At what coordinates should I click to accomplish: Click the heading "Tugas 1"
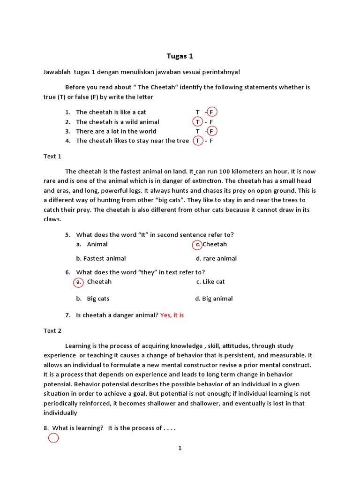pyautogui.click(x=180, y=56)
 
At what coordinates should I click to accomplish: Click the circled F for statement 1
pyautogui.click(x=212, y=112)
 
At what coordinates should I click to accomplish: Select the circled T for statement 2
pyautogui.click(x=198, y=122)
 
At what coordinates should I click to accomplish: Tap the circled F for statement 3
pyautogui.click(x=212, y=131)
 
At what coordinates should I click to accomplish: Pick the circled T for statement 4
pyautogui.click(x=198, y=141)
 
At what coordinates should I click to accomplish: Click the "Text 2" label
pyautogui.click(x=52, y=330)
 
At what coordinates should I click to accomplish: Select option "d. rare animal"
pyautogui.click(x=216, y=258)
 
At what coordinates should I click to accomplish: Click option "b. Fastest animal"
pyautogui.click(x=101, y=258)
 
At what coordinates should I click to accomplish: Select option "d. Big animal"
pyautogui.click(x=214, y=299)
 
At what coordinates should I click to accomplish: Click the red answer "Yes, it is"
pyautogui.click(x=172, y=315)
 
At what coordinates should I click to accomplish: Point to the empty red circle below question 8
pyautogui.click(x=53, y=438)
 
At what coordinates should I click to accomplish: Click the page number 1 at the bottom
pyautogui.click(x=180, y=448)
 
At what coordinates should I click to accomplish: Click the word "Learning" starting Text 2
pyautogui.click(x=78, y=346)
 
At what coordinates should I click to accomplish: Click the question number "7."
pyautogui.click(x=68, y=315)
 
